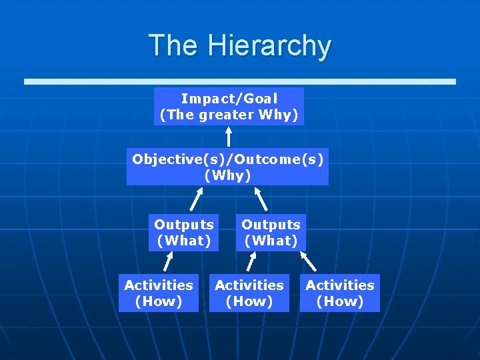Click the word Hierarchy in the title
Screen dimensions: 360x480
pos(269,46)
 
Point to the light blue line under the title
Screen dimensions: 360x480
pos(240,81)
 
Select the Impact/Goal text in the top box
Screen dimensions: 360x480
pos(229,99)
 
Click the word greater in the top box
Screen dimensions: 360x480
pos(227,115)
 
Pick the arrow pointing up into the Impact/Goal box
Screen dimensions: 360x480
pos(229,137)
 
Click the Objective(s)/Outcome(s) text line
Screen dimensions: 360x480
pos(227,159)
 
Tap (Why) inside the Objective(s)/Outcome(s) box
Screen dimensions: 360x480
pos(227,175)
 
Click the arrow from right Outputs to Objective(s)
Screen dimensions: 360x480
pos(261,199)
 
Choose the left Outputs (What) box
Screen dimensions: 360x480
pos(183,233)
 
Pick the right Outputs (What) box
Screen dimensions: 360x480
pos(271,233)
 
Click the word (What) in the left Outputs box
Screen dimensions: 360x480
pos(183,241)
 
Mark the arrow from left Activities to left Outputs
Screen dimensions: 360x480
pos(169,262)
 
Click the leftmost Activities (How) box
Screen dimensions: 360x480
pos(159,293)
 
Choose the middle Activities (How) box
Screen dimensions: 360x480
pos(249,293)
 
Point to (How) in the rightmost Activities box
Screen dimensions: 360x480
pos(340,301)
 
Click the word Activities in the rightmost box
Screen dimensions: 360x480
pos(340,285)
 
